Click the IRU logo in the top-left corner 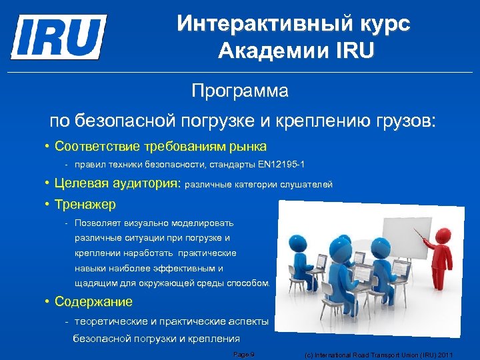pyautogui.click(x=59, y=36)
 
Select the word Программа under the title pyautogui.click(x=240, y=91)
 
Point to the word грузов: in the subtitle pyautogui.click(x=402, y=122)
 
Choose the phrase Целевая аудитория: pyautogui.click(x=118, y=184)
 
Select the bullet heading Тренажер pyautogui.click(x=85, y=204)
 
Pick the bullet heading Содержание pyautogui.click(x=94, y=301)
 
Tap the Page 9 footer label pyautogui.click(x=244, y=355)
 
